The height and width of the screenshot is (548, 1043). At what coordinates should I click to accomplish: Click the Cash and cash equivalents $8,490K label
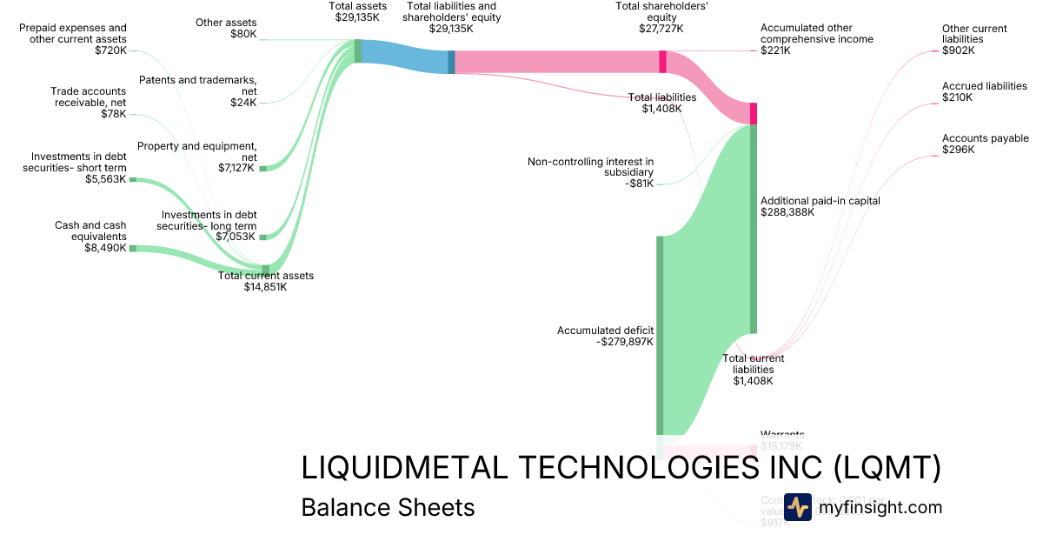coord(90,237)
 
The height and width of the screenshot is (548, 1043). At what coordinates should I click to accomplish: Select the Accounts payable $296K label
coord(985,144)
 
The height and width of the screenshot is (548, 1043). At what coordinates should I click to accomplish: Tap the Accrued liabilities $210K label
coord(984,92)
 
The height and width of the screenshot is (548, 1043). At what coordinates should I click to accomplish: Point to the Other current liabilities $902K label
coord(974,40)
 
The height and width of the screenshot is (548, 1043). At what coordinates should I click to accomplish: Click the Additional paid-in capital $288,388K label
coord(820,206)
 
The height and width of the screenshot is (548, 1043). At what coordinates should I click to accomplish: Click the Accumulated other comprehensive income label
coord(816,39)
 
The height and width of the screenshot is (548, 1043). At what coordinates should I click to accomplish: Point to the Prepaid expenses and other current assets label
coord(73,39)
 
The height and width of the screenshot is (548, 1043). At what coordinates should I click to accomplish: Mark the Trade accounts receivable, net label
coord(88,102)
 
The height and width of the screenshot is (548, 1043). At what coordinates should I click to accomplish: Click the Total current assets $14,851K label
coord(265,281)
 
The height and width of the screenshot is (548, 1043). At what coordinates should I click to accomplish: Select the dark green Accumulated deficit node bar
coord(660,335)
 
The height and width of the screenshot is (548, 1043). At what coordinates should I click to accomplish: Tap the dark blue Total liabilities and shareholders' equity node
coord(451,62)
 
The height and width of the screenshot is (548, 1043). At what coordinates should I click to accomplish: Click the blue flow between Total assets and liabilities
coord(405,55)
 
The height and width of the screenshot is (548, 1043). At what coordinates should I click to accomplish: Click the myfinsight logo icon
coord(797,507)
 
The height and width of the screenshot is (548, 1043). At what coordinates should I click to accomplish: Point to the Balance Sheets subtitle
coord(388,507)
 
